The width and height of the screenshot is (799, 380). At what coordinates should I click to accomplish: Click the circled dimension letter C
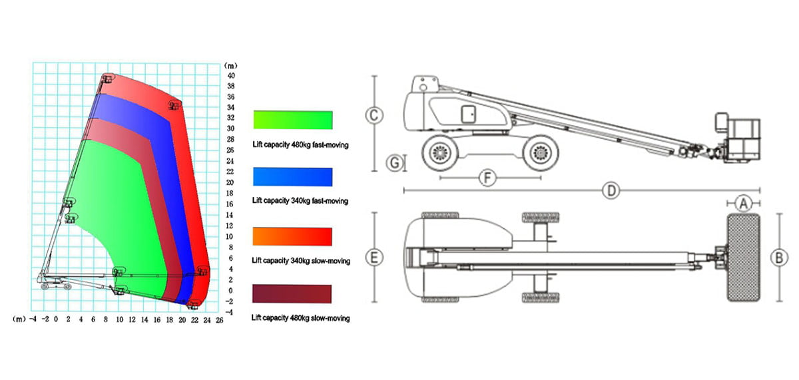[374, 115]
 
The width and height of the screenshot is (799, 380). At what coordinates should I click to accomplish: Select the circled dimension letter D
[611, 191]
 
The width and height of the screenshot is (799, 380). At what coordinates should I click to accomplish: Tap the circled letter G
[395, 163]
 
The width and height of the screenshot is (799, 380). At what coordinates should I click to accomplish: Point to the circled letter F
[487, 178]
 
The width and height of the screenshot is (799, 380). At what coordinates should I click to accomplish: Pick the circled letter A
[743, 204]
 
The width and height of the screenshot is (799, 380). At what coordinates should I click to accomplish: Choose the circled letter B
[779, 258]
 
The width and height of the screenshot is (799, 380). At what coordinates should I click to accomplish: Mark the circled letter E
[374, 258]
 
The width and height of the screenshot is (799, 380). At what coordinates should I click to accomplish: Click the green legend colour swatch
[293, 120]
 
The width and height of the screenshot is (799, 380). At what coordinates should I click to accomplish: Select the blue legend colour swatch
[292, 177]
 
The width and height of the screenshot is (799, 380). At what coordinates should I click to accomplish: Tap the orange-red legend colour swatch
[292, 236]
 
